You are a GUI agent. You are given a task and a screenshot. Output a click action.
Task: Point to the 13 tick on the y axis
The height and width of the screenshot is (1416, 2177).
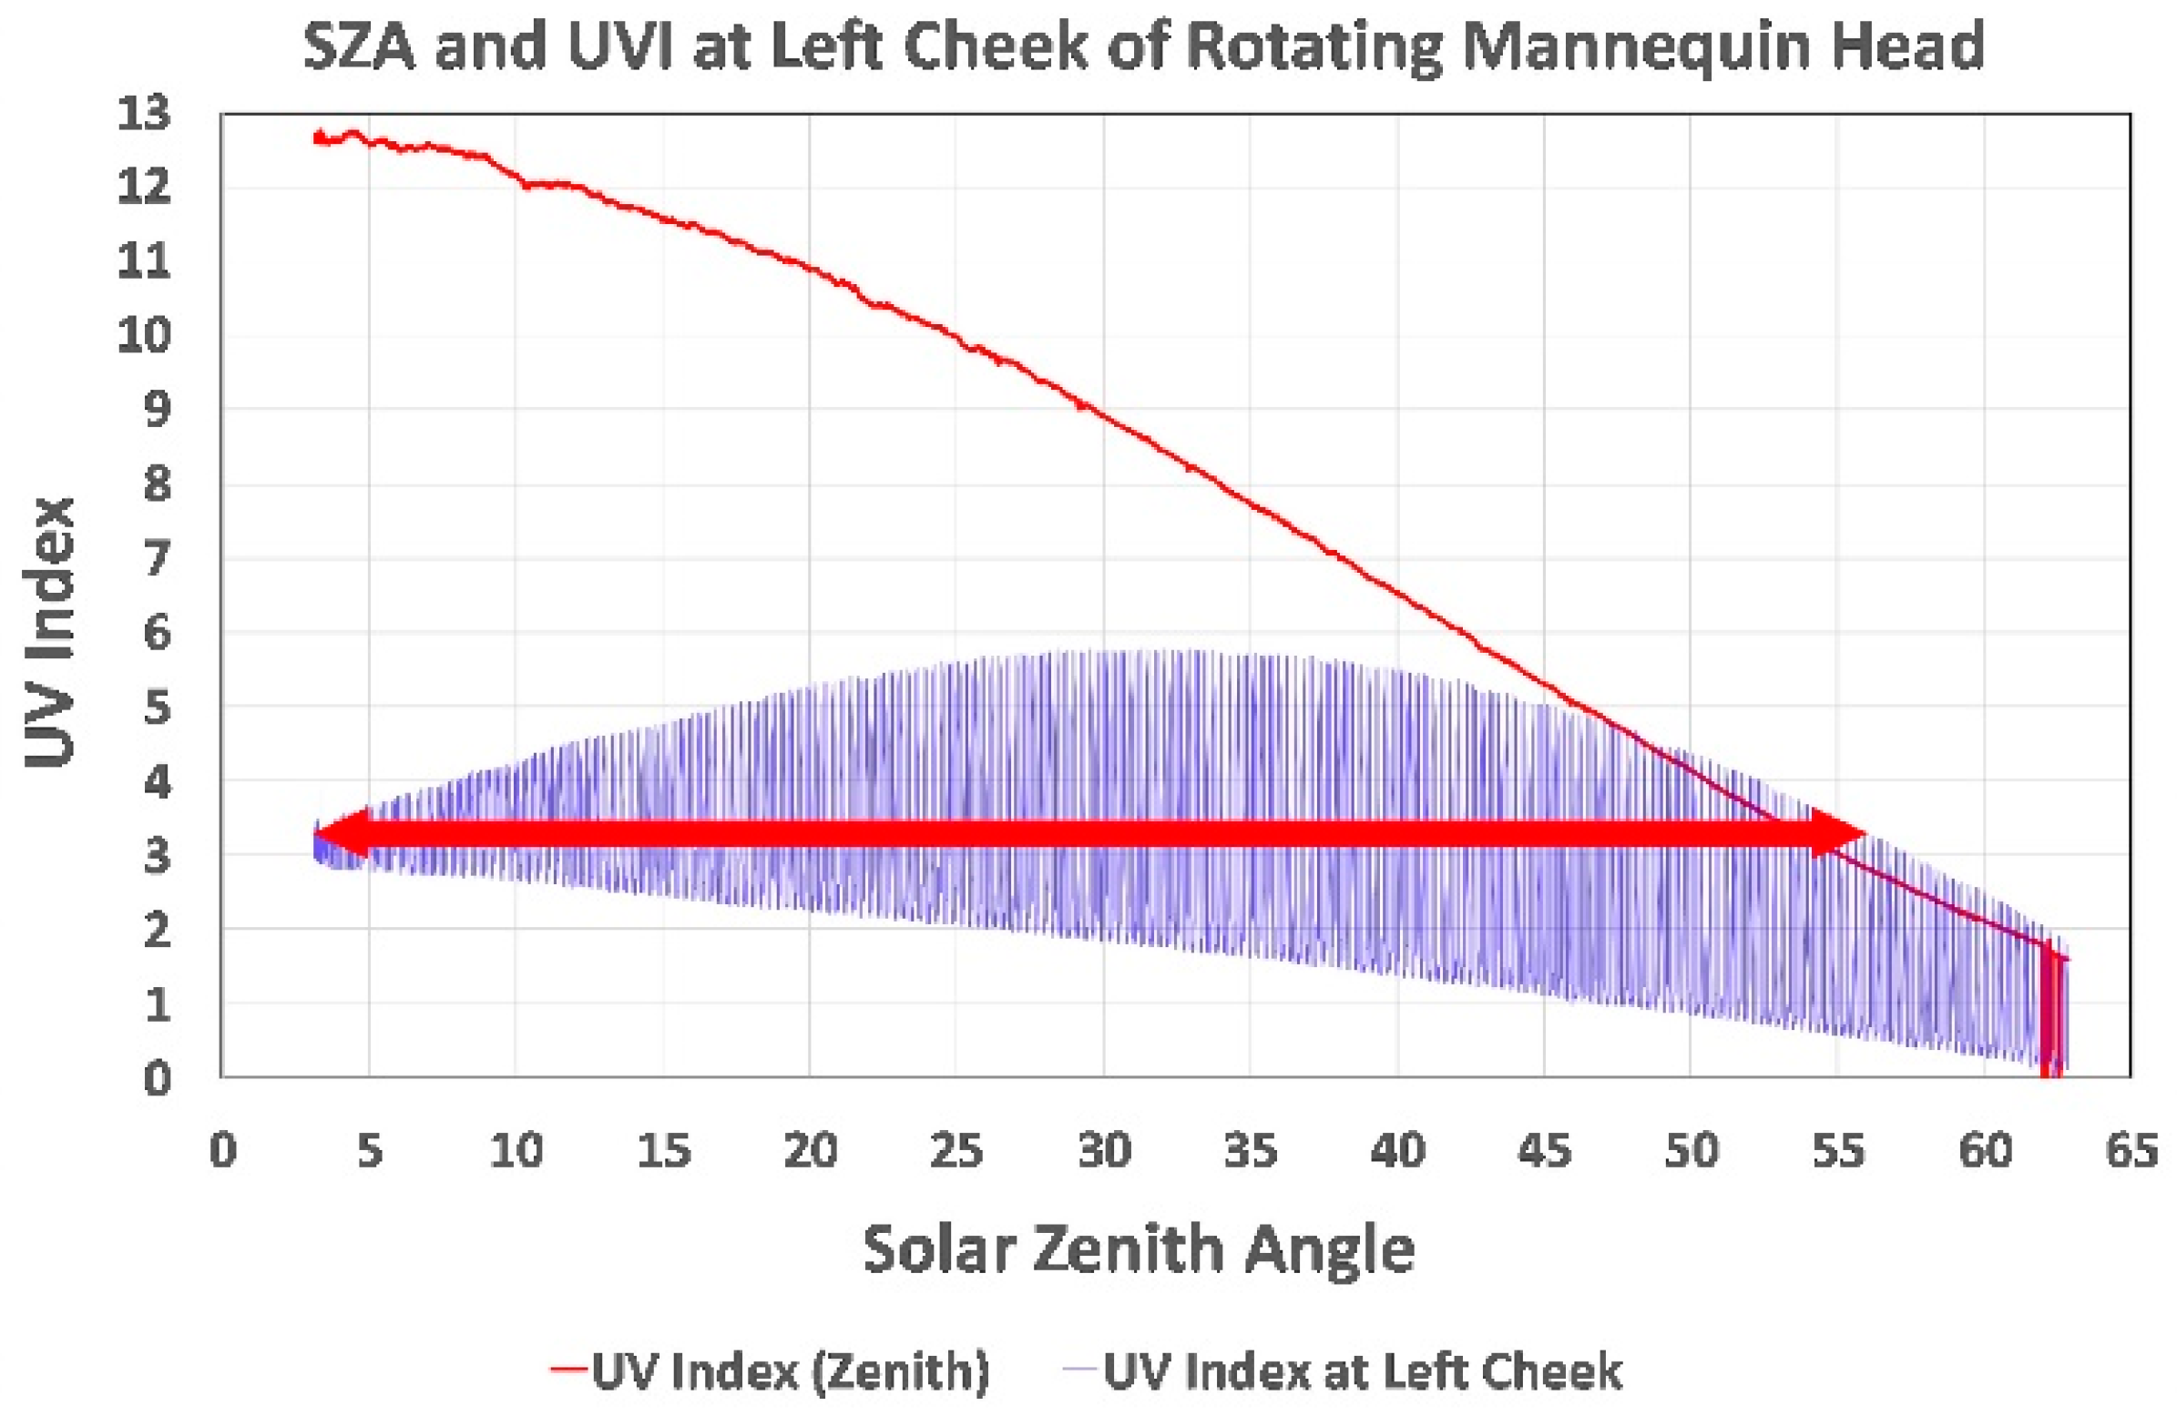point(144,115)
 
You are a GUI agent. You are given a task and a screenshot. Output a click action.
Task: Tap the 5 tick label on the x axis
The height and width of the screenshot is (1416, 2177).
point(369,1151)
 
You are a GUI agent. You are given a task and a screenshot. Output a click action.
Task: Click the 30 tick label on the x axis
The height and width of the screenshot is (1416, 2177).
point(1104,1151)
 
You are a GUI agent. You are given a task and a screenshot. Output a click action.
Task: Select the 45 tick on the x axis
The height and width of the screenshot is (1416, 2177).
point(1545,1151)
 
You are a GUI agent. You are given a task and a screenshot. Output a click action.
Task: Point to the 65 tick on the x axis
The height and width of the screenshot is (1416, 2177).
point(2131,1151)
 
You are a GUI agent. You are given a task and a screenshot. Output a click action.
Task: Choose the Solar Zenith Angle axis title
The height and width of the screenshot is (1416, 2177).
point(1139,1249)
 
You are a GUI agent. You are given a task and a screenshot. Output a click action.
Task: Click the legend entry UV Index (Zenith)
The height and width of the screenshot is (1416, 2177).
point(790,1370)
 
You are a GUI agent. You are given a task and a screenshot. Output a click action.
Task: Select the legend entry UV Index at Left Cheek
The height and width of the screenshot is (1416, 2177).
point(1362,1370)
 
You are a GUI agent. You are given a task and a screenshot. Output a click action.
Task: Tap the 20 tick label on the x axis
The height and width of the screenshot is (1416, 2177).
point(811,1151)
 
